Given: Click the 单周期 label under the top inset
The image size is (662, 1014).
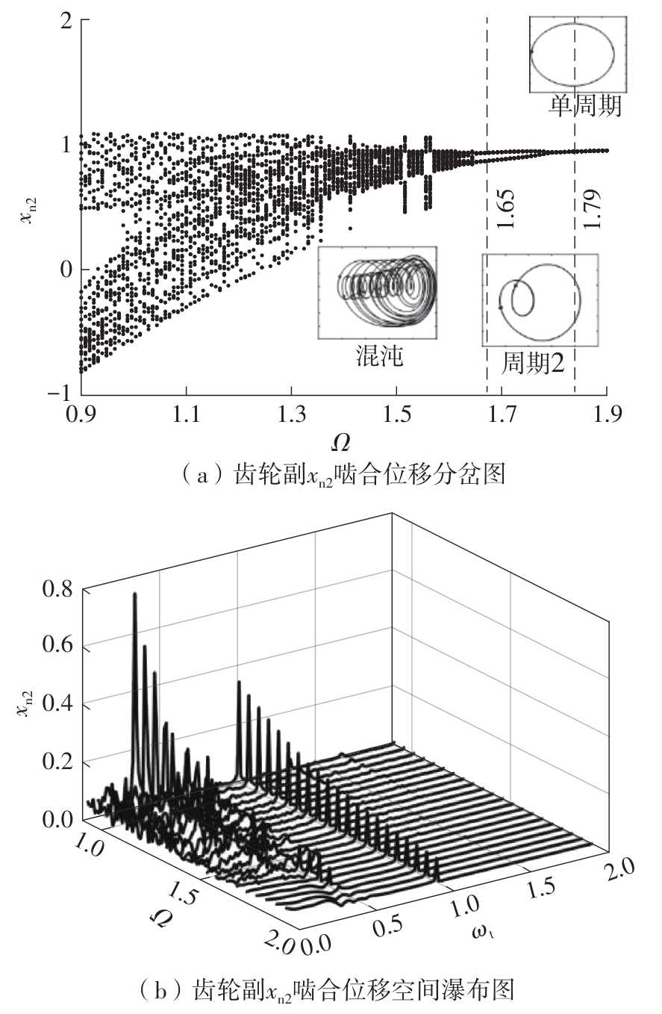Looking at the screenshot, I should pos(585,107).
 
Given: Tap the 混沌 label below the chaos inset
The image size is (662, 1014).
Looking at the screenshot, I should pos(378,356).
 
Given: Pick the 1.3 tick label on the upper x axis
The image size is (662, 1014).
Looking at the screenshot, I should pos(291,411).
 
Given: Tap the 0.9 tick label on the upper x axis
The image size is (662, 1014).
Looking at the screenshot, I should pos(81,411).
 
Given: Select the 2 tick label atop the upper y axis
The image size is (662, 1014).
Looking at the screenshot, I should pos(66,22).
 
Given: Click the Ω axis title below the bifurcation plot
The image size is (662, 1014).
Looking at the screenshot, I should pos(340,442).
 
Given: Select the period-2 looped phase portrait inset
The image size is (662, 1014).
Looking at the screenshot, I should pos(540,299).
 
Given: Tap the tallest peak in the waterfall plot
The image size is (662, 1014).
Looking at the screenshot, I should pos(135,595).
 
